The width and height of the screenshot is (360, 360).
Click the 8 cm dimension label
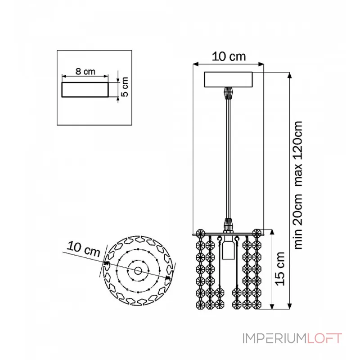click(85, 72)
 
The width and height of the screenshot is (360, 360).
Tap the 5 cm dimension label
click(125, 87)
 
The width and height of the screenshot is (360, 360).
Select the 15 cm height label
click(280, 269)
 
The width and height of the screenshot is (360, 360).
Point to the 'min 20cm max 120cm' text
click(298, 185)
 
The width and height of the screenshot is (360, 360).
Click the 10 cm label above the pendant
click(229, 57)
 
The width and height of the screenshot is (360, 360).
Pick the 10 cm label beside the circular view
click(84, 249)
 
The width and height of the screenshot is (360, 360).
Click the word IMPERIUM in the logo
click(275, 338)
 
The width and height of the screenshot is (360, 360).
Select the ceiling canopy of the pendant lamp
click(228, 80)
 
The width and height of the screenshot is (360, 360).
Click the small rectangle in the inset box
click(85, 90)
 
